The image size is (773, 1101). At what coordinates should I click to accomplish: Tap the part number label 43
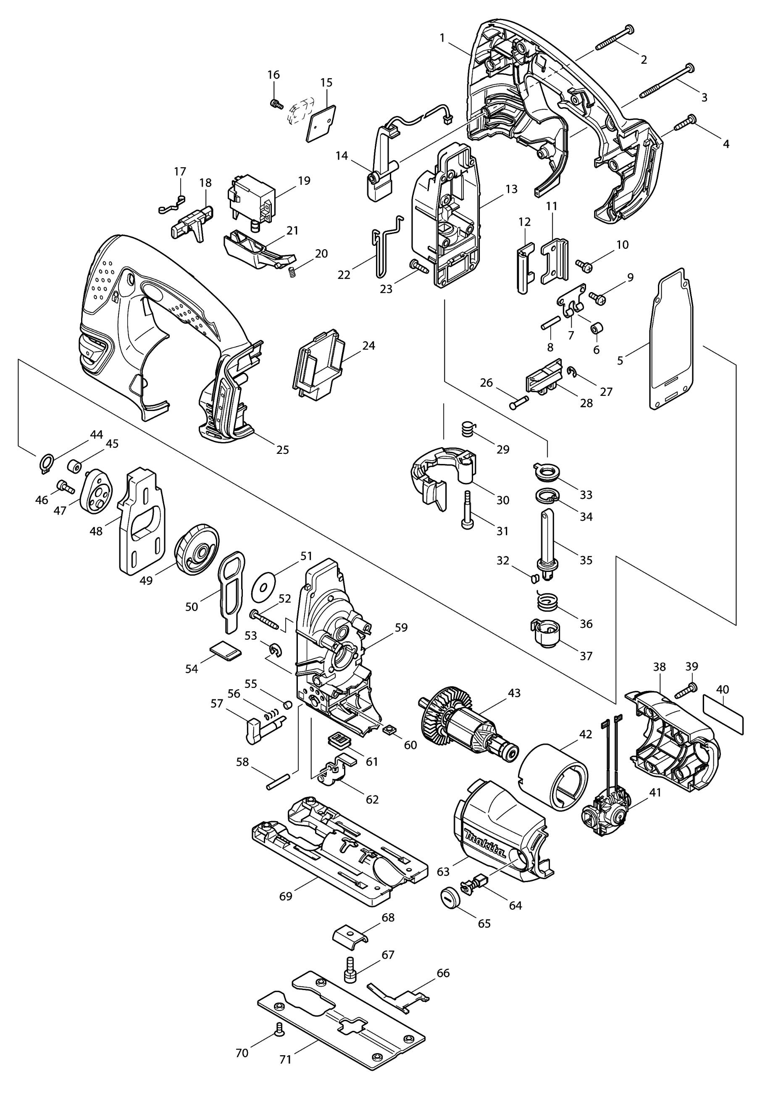514,693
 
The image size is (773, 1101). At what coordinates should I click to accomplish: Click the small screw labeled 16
275,103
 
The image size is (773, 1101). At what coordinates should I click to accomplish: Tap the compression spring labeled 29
468,428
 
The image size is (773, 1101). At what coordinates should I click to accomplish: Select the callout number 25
283,450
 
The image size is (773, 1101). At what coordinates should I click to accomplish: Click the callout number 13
511,189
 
